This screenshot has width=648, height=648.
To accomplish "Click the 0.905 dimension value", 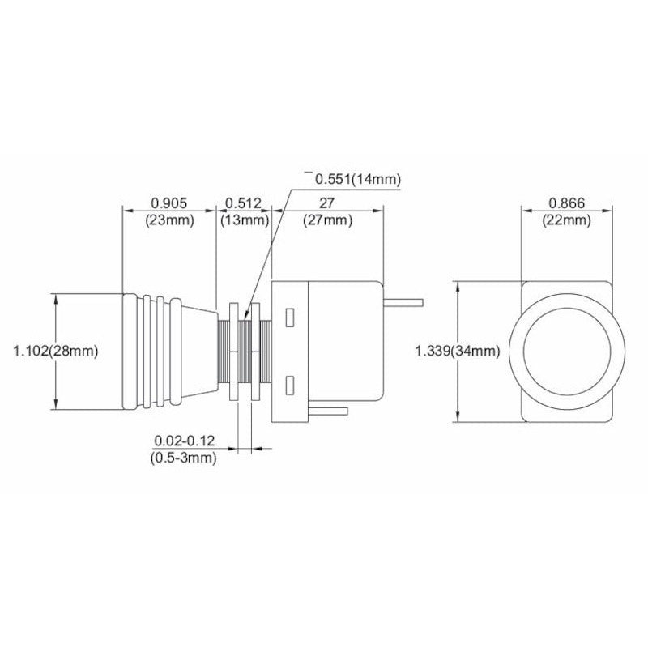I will [169, 202].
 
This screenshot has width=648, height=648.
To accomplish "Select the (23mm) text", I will [169, 220].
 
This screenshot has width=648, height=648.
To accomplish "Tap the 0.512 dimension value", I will [243, 202].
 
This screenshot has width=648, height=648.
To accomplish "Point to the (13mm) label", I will [243, 220].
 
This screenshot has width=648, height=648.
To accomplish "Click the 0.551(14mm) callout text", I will [357, 178].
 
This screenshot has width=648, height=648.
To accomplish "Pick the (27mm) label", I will [328, 220].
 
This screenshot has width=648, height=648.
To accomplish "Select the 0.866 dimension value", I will [567, 202].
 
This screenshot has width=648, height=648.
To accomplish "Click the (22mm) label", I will [567, 220].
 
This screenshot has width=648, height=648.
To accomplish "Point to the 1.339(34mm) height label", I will [456, 351].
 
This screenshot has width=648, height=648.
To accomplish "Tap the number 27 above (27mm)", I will [328, 202].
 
